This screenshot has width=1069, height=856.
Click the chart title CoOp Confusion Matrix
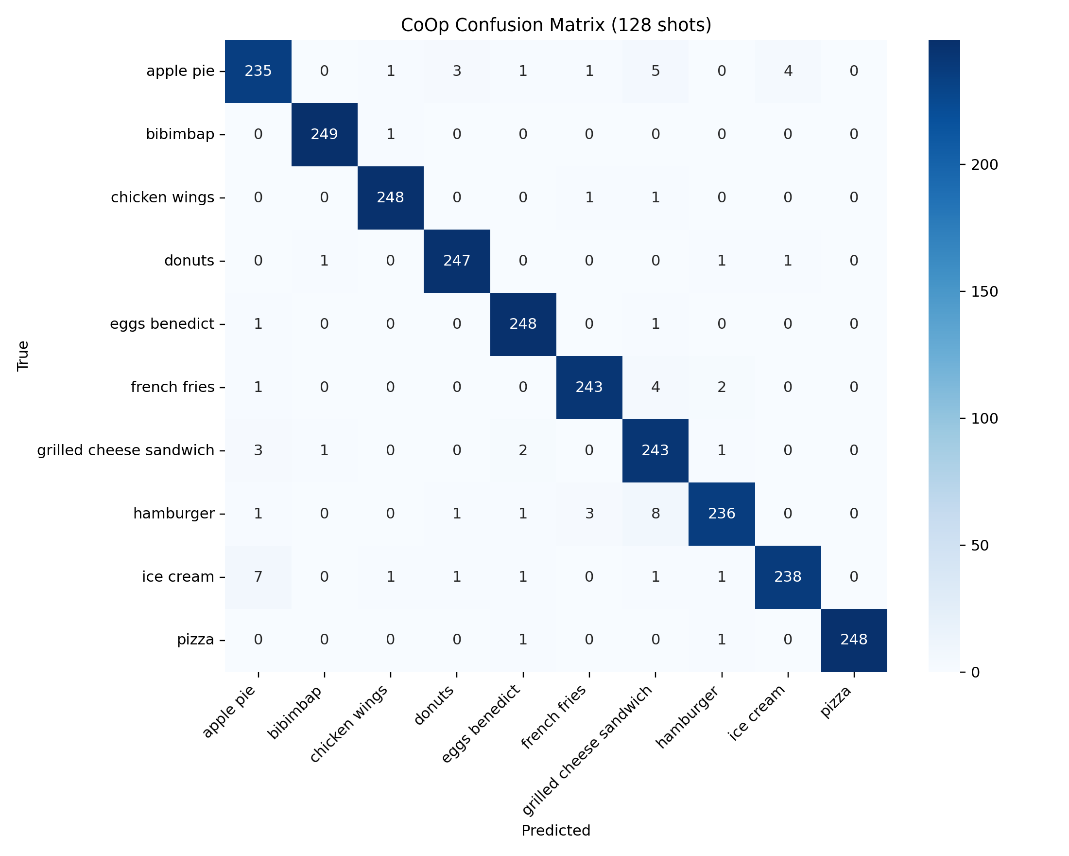click(556, 25)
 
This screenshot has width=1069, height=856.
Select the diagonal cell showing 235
click(259, 71)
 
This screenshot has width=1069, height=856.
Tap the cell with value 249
click(324, 134)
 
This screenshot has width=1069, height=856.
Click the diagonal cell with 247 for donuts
click(457, 261)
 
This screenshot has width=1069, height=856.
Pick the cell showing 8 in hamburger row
click(655, 514)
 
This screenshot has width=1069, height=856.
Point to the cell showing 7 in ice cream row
click(259, 577)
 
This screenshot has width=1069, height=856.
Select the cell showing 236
click(722, 514)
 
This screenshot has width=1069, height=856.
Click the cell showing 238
click(788, 577)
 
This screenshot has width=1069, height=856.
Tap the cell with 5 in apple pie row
click(655, 71)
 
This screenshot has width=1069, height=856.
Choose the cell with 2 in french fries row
click(722, 387)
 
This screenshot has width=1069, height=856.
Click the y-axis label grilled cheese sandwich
click(126, 450)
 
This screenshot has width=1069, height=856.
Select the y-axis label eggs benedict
click(162, 324)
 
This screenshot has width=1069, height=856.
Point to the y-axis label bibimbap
click(180, 134)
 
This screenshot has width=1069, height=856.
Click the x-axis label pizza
click(836, 703)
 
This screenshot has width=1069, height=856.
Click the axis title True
click(23, 356)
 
